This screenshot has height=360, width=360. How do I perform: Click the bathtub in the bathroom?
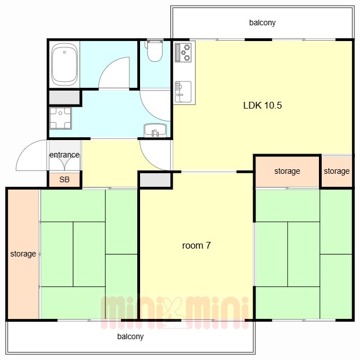[x=64, y=64]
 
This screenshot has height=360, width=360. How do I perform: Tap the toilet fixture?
[x=155, y=51]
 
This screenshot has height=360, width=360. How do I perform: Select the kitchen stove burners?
[x=183, y=52]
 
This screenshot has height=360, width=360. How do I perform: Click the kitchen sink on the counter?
[x=183, y=92]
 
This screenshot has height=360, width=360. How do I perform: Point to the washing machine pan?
[x=60, y=118]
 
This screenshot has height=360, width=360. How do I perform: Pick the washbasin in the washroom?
[x=155, y=130]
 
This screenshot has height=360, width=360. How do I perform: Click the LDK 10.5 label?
[x=263, y=105]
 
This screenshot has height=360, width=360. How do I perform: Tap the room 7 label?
[x=196, y=246]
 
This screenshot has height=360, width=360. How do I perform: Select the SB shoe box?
[x=64, y=179]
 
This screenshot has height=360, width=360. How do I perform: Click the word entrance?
[x=65, y=155]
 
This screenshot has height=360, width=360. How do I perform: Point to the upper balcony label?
[x=263, y=22]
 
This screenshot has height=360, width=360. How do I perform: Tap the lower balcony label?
[x=130, y=336]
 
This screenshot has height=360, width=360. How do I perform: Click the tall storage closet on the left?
[x=23, y=254]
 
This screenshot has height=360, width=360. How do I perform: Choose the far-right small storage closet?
[x=336, y=171]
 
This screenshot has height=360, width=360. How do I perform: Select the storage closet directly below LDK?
[x=287, y=171]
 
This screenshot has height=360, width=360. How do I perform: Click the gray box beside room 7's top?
[x=155, y=180]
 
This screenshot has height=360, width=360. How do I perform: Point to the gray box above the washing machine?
[x=65, y=97]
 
